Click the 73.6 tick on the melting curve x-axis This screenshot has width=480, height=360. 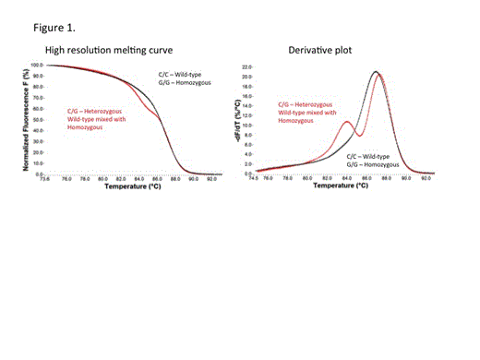[41, 179]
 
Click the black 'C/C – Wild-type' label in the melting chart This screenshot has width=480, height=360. [178, 73]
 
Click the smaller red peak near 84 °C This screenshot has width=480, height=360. [346, 122]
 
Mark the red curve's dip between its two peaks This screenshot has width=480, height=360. [357, 135]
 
